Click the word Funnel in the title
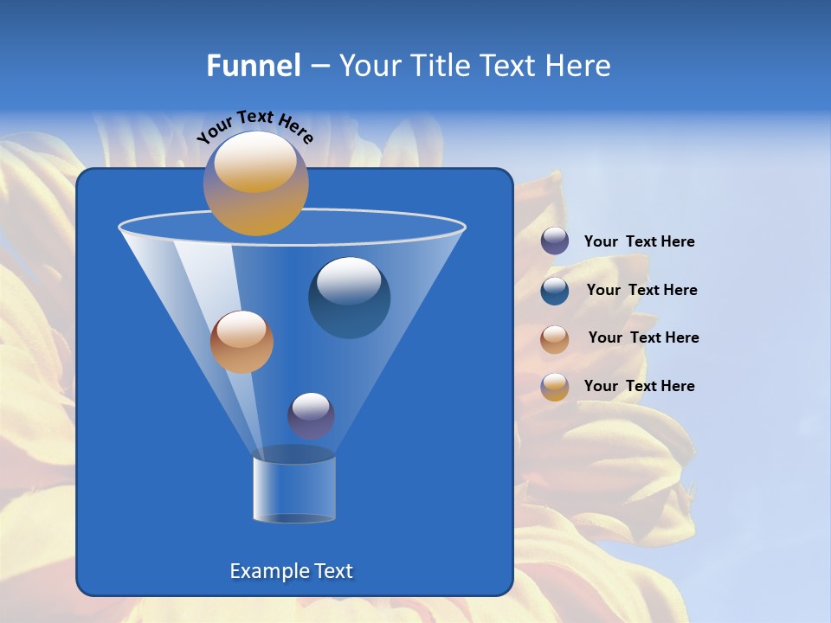tap(253, 66)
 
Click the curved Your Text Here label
tap(254, 126)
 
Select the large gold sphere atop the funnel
tap(255, 183)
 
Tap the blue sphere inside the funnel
tap(349, 298)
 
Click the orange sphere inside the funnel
tap(242, 342)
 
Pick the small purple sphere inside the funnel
tap(311, 415)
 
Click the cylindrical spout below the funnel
tap(294, 489)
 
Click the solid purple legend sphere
tap(555, 241)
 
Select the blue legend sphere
tap(555, 291)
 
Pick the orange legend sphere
tap(555, 339)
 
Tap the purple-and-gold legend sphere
tap(555, 387)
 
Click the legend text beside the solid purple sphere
tap(639, 241)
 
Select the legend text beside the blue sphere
tap(641, 290)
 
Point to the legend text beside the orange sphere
tap(643, 337)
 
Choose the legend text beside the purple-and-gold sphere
tap(639, 386)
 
